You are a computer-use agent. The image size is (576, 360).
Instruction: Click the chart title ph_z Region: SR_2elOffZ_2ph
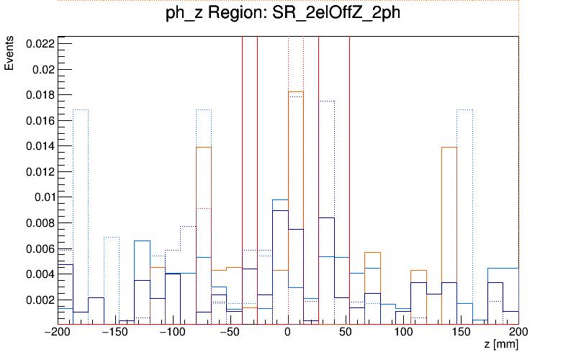point(288,15)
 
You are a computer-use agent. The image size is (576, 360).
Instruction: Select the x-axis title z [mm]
point(500,345)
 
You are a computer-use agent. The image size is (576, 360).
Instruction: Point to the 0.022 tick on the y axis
point(40,44)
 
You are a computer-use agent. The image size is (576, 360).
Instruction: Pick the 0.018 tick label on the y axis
point(40,95)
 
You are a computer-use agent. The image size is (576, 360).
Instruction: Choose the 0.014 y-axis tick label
point(40,146)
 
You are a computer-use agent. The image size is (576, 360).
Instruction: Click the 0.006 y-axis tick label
point(40,248)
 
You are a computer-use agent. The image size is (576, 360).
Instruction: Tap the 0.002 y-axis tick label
point(40,300)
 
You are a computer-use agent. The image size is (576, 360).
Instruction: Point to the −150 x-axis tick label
point(115,333)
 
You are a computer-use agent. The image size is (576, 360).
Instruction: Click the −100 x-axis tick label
point(173,333)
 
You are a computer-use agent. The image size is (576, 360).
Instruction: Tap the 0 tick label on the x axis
point(288,333)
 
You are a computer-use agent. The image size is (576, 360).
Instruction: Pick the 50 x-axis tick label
point(346,333)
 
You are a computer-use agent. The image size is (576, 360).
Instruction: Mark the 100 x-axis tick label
point(403,333)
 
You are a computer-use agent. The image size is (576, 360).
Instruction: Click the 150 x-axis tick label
point(461,333)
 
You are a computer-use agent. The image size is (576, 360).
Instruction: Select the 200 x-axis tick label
point(518,333)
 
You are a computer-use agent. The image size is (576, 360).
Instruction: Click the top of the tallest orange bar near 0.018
point(296,92)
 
